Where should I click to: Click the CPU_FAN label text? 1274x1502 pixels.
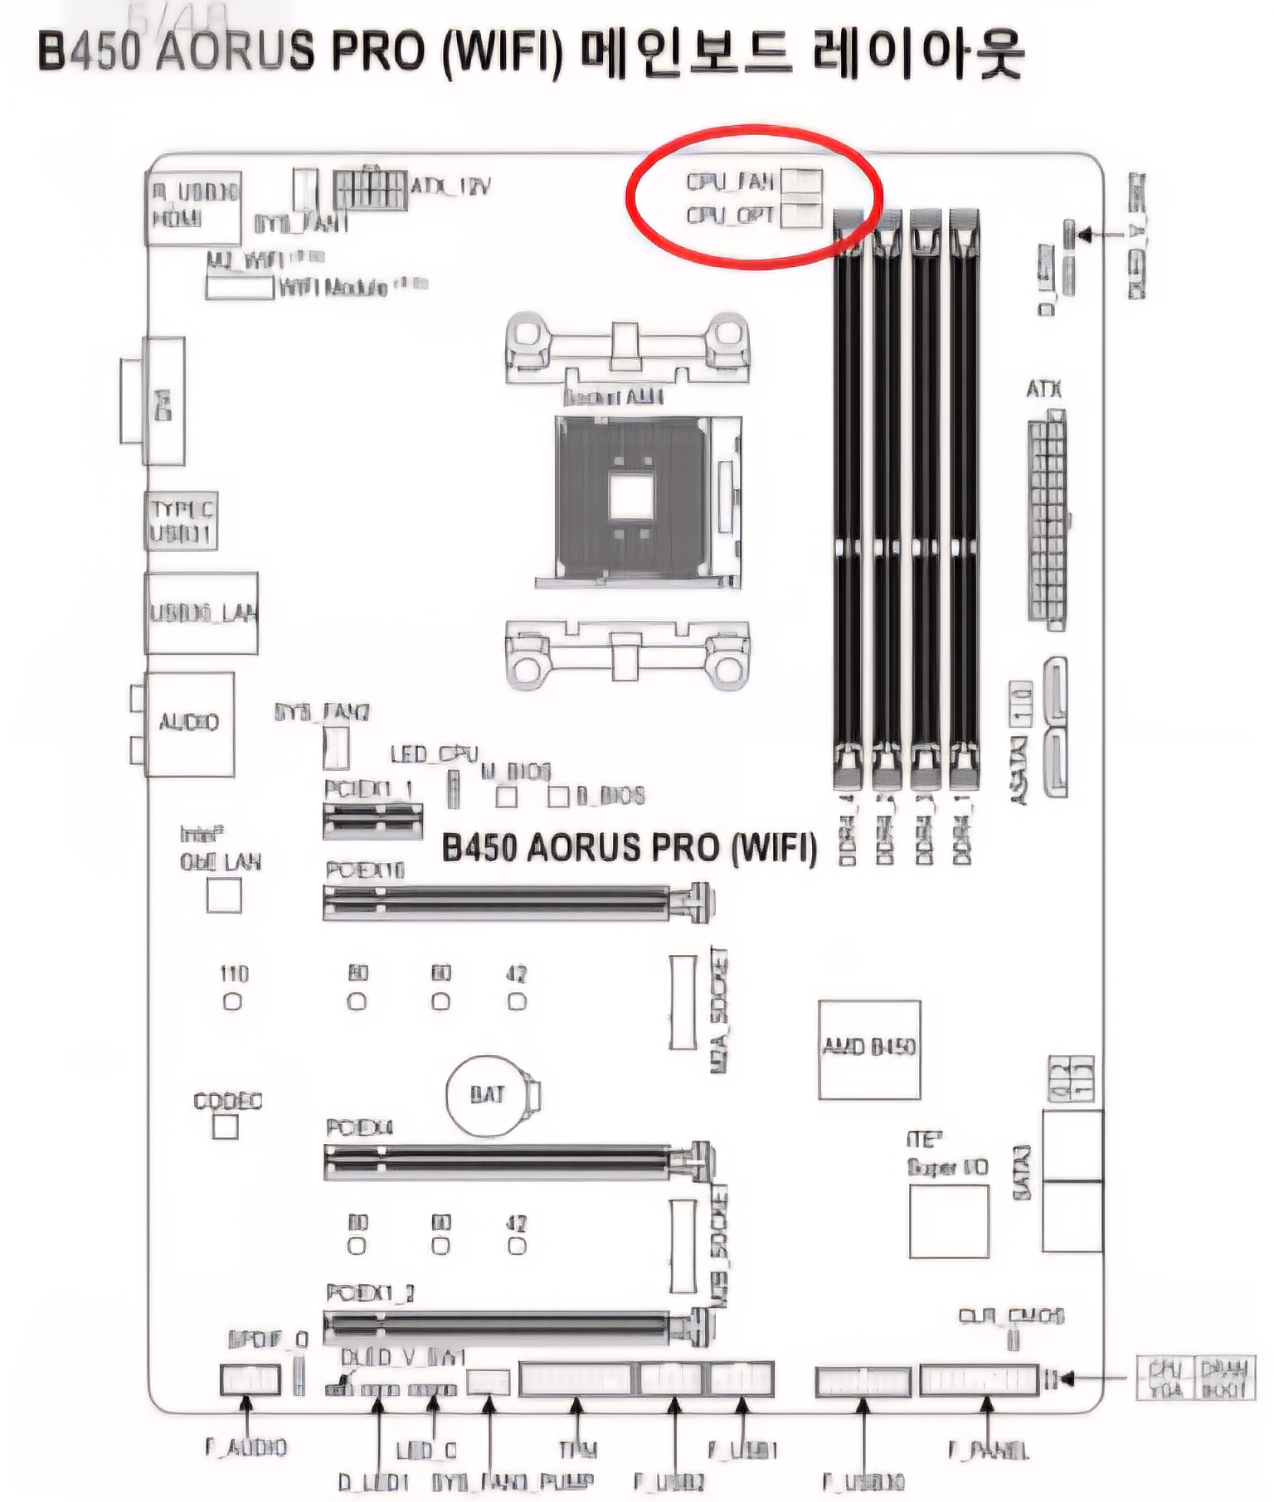click(729, 181)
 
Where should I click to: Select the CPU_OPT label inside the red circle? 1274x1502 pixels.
click(729, 216)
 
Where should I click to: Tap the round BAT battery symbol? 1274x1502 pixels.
click(486, 1095)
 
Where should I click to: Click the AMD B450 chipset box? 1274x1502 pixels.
click(868, 1049)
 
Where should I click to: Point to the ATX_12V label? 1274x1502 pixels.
click(450, 186)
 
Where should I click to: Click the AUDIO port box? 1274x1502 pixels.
click(189, 723)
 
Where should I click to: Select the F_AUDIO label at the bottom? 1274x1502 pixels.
click(246, 1447)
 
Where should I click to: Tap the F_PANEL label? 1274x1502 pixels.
click(988, 1450)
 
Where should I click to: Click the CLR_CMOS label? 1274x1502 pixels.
click(1011, 1315)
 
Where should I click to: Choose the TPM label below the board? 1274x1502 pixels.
click(577, 1450)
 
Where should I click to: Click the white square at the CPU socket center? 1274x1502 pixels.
click(631, 497)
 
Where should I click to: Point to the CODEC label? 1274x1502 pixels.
click(227, 1101)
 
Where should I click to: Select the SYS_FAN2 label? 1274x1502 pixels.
click(322, 712)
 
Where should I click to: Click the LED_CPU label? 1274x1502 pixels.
click(434, 753)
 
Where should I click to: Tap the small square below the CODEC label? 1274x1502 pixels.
click(225, 1127)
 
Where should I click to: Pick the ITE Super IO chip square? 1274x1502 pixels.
click(949, 1220)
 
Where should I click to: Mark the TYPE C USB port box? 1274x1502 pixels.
click(182, 521)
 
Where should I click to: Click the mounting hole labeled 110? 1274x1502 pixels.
click(233, 1001)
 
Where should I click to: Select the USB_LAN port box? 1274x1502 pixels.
click(202, 613)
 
